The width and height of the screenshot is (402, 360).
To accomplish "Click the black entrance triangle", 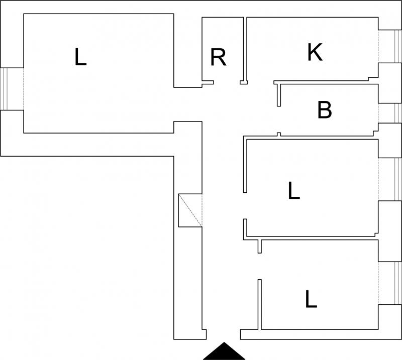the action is click(x=224, y=351).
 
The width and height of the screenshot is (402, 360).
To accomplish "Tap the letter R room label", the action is click(x=218, y=57).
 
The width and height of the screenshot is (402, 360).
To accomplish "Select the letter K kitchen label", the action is click(x=315, y=52).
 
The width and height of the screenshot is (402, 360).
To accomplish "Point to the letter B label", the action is click(x=325, y=109).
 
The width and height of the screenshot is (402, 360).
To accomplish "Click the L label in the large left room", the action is click(x=80, y=57).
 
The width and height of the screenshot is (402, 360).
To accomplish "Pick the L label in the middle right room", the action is click(x=294, y=190).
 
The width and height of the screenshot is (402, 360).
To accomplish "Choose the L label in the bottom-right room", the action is click(x=311, y=299).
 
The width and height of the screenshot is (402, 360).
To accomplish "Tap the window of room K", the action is click(x=398, y=46).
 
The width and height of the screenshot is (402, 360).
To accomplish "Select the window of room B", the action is click(x=398, y=113).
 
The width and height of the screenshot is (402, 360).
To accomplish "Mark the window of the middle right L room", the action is click(x=398, y=179).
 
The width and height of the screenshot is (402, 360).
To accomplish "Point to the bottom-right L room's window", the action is click(x=398, y=283).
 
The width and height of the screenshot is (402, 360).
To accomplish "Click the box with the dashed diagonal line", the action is click(x=190, y=210).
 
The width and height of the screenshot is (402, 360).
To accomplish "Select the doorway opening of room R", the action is click(x=227, y=82).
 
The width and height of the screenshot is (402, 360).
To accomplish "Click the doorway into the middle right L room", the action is click(x=245, y=205).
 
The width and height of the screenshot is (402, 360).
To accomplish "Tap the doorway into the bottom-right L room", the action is click(x=259, y=266).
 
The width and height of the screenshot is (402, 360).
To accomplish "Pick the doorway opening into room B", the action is click(x=279, y=119).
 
